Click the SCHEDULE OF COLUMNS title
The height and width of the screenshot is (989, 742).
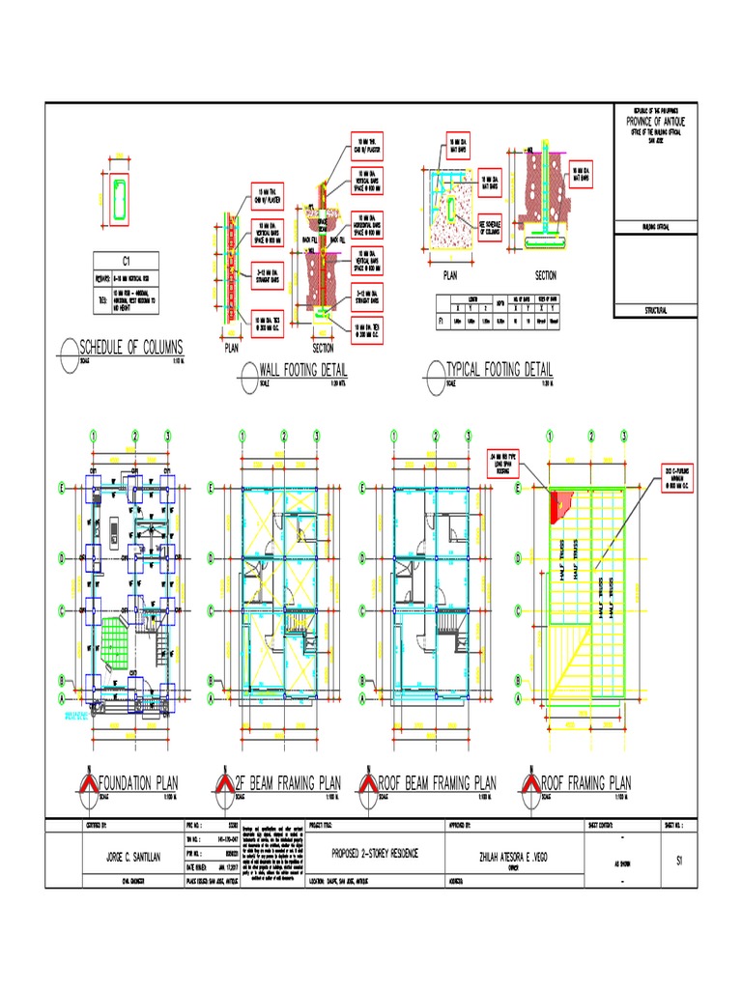(131, 347)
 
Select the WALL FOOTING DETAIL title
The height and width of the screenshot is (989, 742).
(303, 369)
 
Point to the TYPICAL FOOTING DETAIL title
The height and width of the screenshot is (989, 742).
(499, 369)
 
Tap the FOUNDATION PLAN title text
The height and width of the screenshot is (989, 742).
(140, 782)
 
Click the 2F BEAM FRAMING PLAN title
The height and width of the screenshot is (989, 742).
(289, 782)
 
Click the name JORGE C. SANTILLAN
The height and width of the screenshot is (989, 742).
(126, 858)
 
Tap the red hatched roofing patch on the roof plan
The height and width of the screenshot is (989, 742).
(559, 503)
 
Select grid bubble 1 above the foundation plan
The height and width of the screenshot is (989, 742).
(95, 436)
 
